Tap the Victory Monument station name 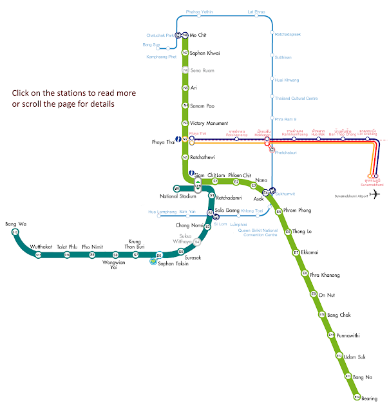(x=210, y=122)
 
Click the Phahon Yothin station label (x=198, y=12)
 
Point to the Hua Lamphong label (x=162, y=212)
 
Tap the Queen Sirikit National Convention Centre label (x=258, y=232)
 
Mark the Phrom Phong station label (x=298, y=211)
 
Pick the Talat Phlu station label (x=67, y=247)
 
